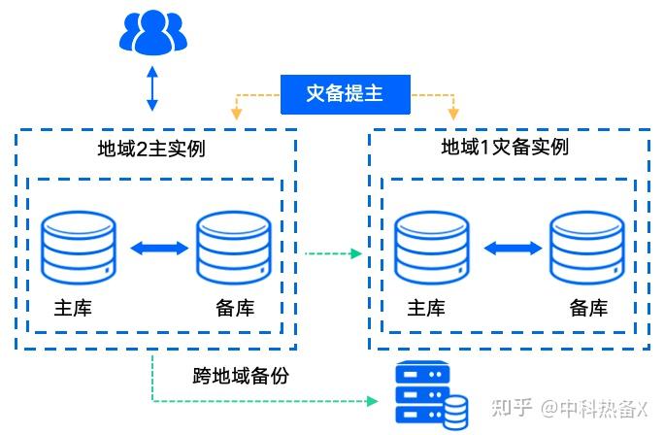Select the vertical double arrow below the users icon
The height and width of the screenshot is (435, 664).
pos(151,88)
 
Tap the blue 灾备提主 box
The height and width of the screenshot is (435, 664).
pos(345,95)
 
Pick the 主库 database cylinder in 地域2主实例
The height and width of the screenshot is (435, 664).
pos(79,249)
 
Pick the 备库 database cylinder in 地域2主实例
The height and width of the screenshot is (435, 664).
pos(234,249)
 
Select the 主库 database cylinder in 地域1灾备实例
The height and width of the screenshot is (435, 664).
pos(431,249)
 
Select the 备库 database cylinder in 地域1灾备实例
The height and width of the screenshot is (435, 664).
pos(586,249)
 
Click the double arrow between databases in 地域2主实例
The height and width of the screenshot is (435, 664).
pos(157,249)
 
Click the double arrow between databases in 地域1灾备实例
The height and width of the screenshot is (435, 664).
pos(510,249)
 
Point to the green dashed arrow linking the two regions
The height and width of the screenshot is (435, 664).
pos(333,254)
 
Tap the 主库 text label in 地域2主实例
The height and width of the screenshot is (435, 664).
pos(73,309)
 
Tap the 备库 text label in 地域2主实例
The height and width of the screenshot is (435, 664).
pos(235,309)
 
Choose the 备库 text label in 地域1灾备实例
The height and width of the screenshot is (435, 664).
pos(588,309)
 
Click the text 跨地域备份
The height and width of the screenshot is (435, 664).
pos(241,375)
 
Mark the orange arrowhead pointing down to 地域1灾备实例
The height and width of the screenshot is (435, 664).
pos(451,115)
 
